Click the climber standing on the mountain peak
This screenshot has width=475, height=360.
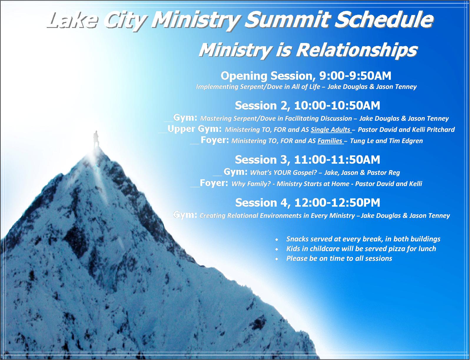click(96, 140)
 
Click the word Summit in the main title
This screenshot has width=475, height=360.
click(288, 20)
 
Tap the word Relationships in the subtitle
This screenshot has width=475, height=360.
click(357, 50)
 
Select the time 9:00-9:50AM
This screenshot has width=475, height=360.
click(355, 76)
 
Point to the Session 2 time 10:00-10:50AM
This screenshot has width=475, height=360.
click(337, 106)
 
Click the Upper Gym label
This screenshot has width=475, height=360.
click(194, 129)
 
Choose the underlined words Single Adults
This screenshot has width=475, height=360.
click(330, 130)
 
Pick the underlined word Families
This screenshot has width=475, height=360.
click(330, 141)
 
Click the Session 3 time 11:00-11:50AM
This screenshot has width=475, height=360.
click(337, 160)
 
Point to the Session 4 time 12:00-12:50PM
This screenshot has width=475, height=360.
click(337, 203)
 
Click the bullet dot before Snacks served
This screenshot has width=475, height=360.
click(277, 240)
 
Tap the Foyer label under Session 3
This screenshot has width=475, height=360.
click(214, 183)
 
